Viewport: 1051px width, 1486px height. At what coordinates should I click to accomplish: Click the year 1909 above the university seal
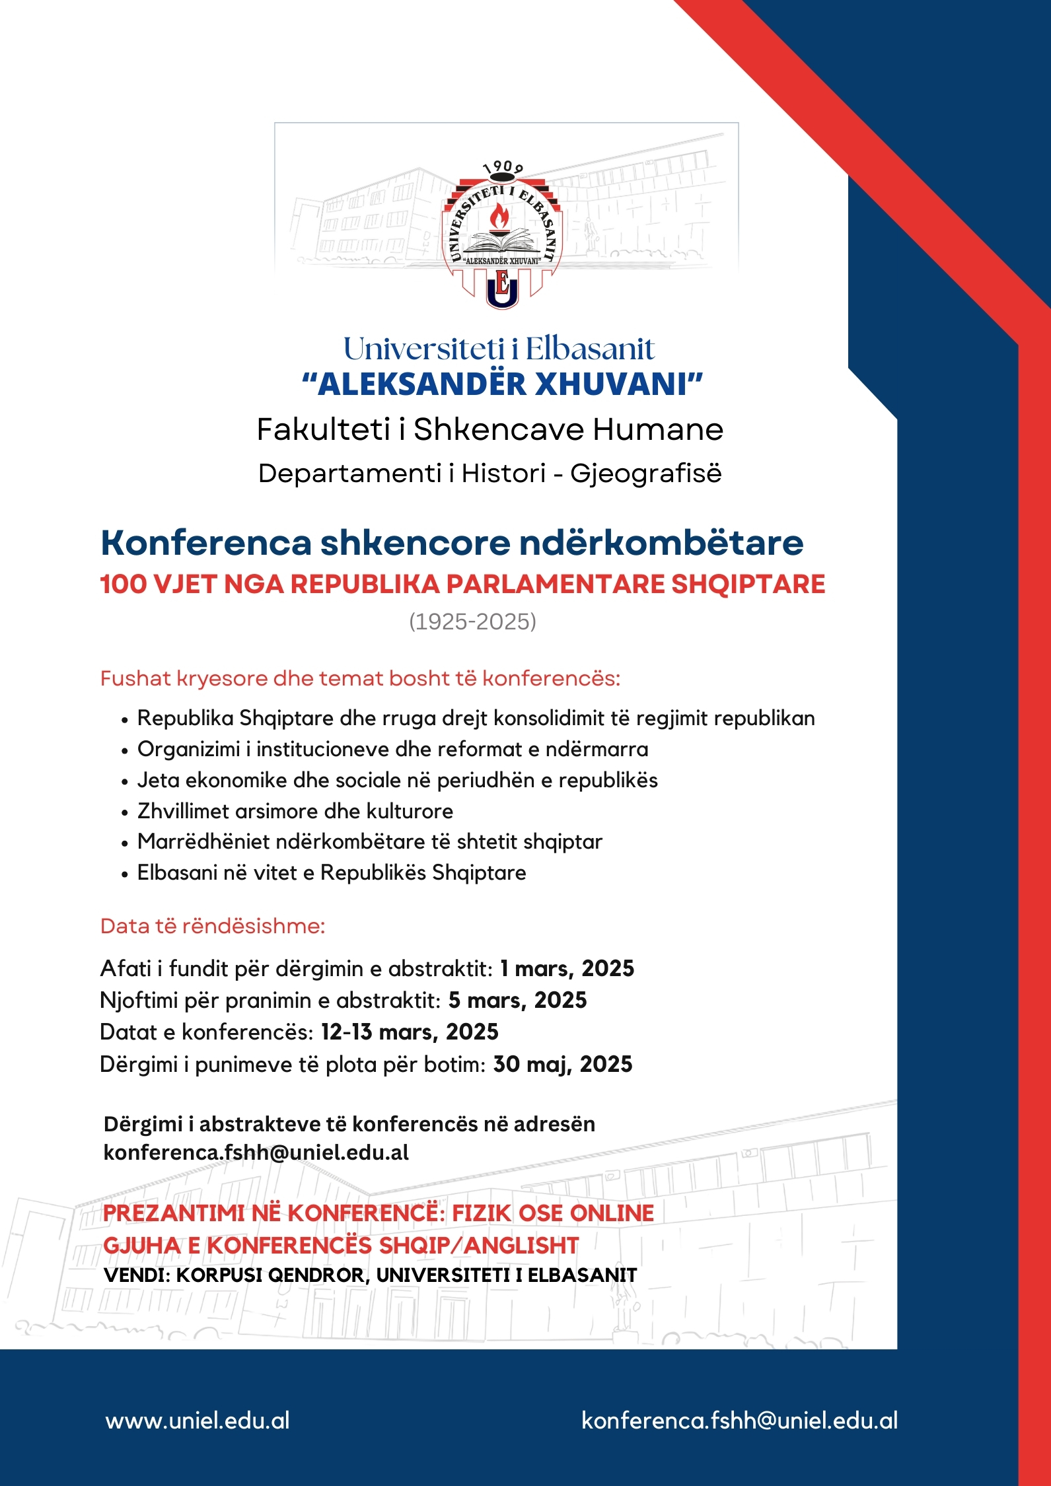(x=503, y=168)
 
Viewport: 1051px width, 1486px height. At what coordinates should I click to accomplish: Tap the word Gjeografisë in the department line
(x=645, y=473)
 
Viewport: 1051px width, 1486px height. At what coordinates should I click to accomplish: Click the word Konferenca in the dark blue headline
(x=205, y=543)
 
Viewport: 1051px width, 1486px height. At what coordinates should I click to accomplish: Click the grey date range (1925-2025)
(x=472, y=621)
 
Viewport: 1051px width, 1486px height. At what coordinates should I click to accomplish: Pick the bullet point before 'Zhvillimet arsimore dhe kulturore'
(x=125, y=812)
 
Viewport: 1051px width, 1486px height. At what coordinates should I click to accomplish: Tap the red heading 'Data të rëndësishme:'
(x=213, y=926)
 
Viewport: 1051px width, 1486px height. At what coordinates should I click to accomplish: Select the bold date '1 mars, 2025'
(x=567, y=968)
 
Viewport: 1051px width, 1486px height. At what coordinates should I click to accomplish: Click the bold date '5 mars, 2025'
(x=517, y=1000)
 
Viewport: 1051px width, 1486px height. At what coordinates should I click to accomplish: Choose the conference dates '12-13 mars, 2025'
(x=410, y=1032)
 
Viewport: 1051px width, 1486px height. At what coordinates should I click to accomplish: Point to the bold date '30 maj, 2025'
(x=563, y=1064)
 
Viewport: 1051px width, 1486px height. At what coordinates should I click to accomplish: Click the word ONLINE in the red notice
(x=612, y=1213)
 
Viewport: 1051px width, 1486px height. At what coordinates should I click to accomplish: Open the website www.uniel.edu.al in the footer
(x=198, y=1421)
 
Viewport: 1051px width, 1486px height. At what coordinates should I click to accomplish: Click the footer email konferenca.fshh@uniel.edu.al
(x=739, y=1421)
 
